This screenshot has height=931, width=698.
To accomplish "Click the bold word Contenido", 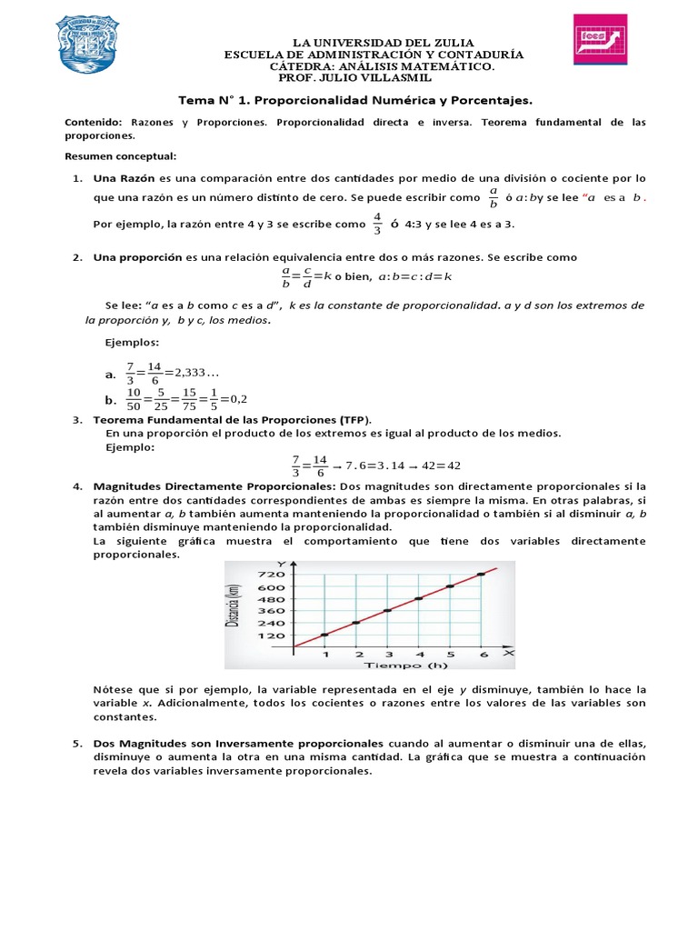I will pyautogui.click(x=94, y=122).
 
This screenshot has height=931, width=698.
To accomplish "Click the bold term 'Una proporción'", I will pyautogui.click(x=138, y=257).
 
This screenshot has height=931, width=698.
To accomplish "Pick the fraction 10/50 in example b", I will pyautogui.click(x=134, y=398).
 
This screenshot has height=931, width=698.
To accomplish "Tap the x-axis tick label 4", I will pyautogui.click(x=419, y=654).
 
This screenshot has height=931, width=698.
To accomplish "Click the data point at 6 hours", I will pyautogui.click(x=481, y=575).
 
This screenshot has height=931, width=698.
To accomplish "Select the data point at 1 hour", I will pyautogui.click(x=324, y=635).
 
